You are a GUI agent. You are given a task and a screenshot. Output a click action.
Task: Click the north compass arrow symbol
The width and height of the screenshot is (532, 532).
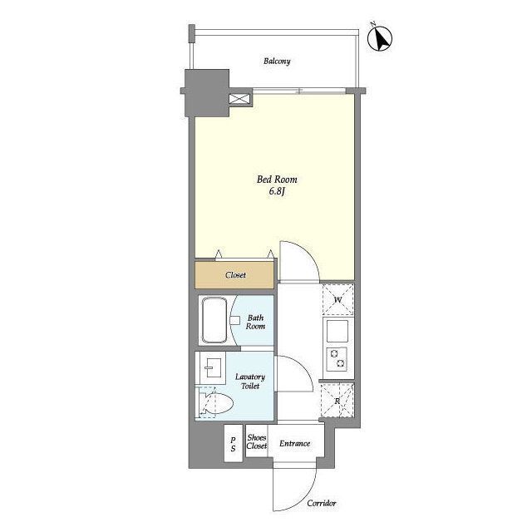pos(380,38)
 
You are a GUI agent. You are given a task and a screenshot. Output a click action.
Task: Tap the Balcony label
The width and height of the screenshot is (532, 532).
pos(277,62)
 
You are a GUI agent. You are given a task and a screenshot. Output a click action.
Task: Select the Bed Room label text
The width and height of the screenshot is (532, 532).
pos(277,180)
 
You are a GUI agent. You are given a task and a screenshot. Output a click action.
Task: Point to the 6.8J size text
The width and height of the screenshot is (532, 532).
pos(277,191)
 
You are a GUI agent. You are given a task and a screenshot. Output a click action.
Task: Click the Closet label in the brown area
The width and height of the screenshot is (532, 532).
pos(235,275)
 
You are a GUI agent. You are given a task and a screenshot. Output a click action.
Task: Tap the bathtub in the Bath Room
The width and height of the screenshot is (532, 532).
pos(214,320)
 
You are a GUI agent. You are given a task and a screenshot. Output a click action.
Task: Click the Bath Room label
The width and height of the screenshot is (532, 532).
pos(255,322)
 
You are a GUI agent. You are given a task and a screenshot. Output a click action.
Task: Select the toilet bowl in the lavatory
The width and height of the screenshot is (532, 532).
pos(216,403)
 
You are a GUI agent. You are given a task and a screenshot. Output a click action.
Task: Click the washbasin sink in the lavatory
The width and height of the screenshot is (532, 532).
pos(213,368)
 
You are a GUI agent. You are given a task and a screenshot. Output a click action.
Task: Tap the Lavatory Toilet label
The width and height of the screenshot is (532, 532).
pos(250,382)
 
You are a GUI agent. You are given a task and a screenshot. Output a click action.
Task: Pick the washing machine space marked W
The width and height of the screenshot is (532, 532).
pos(337,300)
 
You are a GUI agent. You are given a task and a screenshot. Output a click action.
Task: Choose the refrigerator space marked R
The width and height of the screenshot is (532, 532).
pos(337,401)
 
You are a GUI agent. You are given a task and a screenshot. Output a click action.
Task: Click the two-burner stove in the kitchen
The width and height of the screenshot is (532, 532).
pos(337,359)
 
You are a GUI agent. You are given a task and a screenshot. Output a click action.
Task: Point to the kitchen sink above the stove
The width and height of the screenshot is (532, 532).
pos(337,331)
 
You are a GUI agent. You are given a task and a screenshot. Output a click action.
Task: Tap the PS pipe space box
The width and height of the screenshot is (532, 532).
pos(233,443)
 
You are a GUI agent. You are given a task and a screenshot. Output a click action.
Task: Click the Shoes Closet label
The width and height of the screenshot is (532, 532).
pos(257,441)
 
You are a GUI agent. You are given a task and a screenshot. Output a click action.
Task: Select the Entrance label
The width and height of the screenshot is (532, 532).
pos(295,443)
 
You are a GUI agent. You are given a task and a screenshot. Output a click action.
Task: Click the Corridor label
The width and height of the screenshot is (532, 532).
pos(322,503)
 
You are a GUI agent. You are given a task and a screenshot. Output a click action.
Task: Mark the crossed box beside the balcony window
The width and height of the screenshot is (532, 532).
pos(239,99)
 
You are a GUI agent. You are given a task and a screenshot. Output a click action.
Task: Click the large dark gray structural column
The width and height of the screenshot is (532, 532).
pos(207,92)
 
